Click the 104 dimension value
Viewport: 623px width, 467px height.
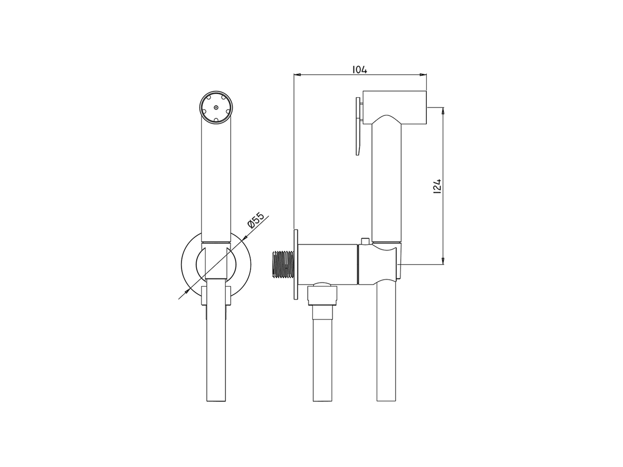click(x=359, y=70)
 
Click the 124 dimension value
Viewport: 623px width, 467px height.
click(x=438, y=186)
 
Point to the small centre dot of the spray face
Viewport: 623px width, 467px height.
click(x=216, y=107)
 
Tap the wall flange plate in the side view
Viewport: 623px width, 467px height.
click(x=295, y=264)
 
